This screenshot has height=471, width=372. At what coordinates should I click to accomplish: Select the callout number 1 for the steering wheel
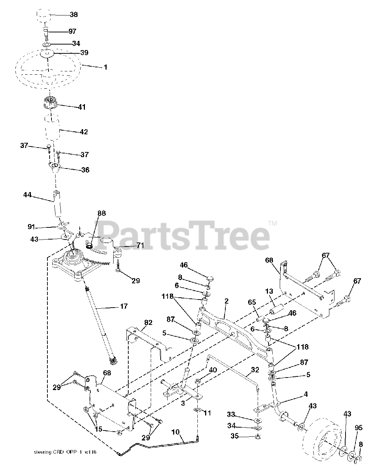pyautogui.click(x=105, y=67)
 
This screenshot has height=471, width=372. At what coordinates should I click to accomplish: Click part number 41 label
pyautogui.click(x=81, y=107)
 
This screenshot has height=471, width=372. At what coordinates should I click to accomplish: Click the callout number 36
pyautogui.click(x=85, y=170)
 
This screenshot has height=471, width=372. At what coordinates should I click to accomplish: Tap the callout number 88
pyautogui.click(x=102, y=213)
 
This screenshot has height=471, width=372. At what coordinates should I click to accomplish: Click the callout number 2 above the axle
pyautogui.click(x=226, y=301)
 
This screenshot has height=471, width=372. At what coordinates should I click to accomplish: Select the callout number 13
pyautogui.click(x=269, y=292)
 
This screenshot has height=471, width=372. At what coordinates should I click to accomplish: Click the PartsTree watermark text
pyautogui.click(x=184, y=234)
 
